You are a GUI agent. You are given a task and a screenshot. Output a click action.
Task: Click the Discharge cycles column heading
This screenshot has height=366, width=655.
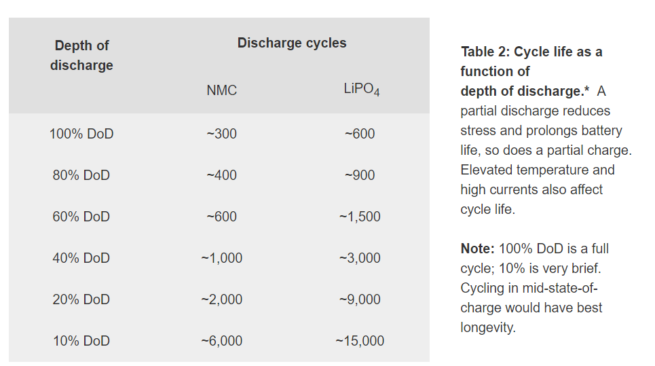[x=292, y=43]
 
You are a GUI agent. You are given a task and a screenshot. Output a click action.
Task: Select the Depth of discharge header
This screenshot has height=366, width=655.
[x=81, y=55]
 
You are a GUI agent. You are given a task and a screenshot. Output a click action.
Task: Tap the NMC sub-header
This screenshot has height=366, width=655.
[x=221, y=90]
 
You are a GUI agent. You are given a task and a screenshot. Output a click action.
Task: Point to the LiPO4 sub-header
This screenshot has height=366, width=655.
[x=362, y=90]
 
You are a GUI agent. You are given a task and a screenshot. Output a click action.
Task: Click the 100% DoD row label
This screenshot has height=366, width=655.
[x=81, y=134]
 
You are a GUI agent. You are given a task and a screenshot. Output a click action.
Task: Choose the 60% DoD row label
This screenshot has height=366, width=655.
[x=81, y=217]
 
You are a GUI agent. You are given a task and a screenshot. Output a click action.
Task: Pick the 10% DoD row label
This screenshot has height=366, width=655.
[x=81, y=341]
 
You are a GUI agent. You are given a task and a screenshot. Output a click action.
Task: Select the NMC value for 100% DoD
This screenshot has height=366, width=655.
[x=221, y=134]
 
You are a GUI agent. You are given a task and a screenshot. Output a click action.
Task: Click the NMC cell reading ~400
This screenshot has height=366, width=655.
[x=221, y=175]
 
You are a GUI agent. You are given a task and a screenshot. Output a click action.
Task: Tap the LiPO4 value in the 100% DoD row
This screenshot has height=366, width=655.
[x=360, y=134]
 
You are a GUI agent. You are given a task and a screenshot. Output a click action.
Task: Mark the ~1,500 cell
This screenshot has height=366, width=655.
[x=360, y=217]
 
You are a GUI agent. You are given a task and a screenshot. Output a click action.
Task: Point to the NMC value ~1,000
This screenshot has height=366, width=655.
[x=221, y=258]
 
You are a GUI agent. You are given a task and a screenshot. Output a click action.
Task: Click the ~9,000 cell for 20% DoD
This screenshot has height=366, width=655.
[x=360, y=299]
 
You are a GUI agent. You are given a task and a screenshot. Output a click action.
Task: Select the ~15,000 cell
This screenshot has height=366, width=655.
[x=360, y=341]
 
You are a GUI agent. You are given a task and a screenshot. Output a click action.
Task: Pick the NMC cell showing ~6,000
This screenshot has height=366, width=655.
[x=221, y=341]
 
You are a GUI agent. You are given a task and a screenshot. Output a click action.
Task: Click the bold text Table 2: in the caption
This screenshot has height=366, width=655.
[x=485, y=52]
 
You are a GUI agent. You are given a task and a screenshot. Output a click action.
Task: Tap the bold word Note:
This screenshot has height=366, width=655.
[x=477, y=249]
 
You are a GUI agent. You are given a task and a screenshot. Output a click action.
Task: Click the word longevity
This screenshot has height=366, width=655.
[x=488, y=327]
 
